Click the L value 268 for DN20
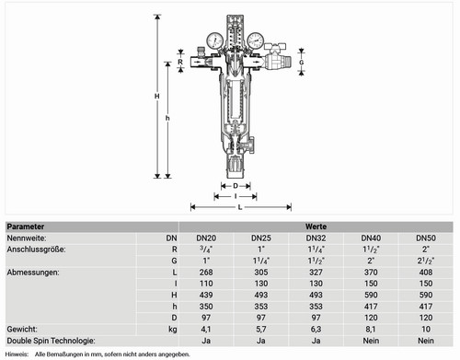pos(206,273)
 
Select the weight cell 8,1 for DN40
pos(371,330)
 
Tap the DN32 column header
pos(316,238)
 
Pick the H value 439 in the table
pos(206,295)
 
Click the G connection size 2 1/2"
pos(426,261)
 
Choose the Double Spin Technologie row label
pos(51,341)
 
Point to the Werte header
pos(316,226)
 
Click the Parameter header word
pos(26,226)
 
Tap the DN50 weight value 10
pos(426,330)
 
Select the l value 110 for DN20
pos(206,284)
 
